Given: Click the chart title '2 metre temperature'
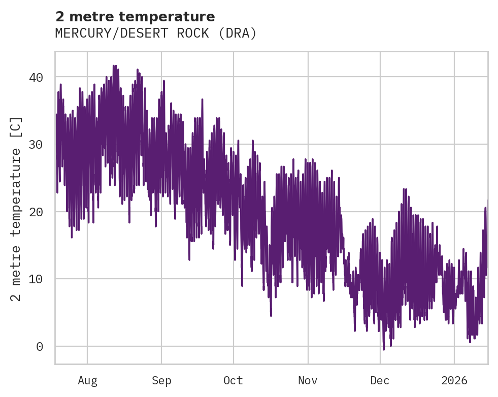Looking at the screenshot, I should tap(135, 17).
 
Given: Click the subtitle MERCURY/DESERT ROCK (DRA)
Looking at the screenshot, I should tap(156, 34).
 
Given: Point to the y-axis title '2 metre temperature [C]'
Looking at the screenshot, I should tap(16, 208).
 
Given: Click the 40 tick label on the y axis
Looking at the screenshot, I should tap(35, 77).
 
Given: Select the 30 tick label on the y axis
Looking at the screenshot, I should tap(35, 145).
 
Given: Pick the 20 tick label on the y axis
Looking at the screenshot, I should tap(35, 212).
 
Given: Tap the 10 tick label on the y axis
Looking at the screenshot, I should tap(35, 279).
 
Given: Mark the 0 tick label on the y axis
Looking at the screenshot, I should tap(39, 346).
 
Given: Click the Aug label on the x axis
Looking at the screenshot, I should tap(87, 381).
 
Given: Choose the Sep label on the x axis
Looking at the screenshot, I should tap(161, 381).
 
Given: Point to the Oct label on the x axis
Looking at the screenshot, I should tap(234, 381).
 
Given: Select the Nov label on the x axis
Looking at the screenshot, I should tap(308, 381).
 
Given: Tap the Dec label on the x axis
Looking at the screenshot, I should tap(380, 381).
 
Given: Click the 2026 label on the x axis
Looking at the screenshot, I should tap(454, 381).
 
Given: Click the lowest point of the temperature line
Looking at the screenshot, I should tap(384, 349).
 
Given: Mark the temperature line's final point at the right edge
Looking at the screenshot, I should tap(487, 201).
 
